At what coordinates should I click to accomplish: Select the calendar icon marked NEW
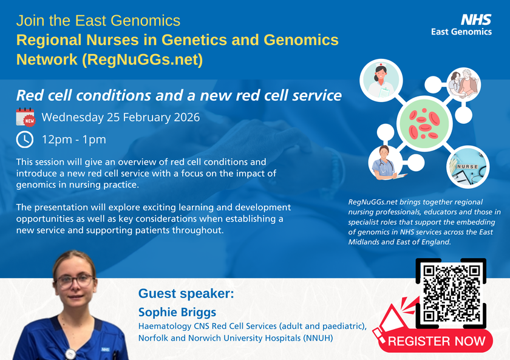tap(25, 117)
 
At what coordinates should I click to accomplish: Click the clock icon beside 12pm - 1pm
tap(25, 140)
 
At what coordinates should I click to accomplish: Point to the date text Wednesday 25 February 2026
tap(120, 117)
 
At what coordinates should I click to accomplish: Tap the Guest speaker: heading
tap(186, 294)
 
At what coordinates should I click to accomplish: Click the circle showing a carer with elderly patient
tap(463, 86)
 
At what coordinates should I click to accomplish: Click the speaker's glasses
tap(74, 281)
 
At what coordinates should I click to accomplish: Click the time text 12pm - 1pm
tap(74, 140)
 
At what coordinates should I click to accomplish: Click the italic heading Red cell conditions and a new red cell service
tap(178, 95)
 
